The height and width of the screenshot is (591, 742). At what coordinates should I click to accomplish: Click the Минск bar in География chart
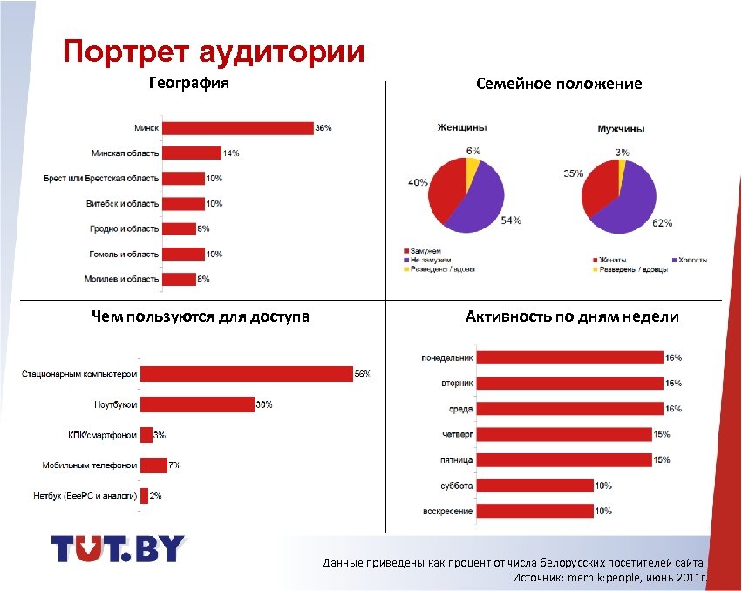237,128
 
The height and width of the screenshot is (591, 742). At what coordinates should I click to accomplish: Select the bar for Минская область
191,153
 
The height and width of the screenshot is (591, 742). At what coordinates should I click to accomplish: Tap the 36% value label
323,128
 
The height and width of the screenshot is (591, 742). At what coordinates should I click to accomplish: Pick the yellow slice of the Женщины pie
473,166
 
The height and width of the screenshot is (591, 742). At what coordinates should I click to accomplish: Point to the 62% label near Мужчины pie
662,223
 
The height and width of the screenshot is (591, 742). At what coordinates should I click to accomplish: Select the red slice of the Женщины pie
443,192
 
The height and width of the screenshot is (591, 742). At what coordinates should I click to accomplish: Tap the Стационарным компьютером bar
246,374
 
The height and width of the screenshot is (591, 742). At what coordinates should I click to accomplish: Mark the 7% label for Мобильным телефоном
175,465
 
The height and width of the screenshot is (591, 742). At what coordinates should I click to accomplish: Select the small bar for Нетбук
144,495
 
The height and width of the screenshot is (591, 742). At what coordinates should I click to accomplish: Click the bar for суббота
534,486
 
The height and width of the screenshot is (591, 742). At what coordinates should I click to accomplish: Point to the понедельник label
446,357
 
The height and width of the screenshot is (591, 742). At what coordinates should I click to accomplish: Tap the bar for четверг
564,434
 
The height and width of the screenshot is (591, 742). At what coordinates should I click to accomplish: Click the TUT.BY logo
119,548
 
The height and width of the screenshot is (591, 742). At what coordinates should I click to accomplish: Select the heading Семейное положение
559,84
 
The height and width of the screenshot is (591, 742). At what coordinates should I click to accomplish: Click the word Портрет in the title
126,51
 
